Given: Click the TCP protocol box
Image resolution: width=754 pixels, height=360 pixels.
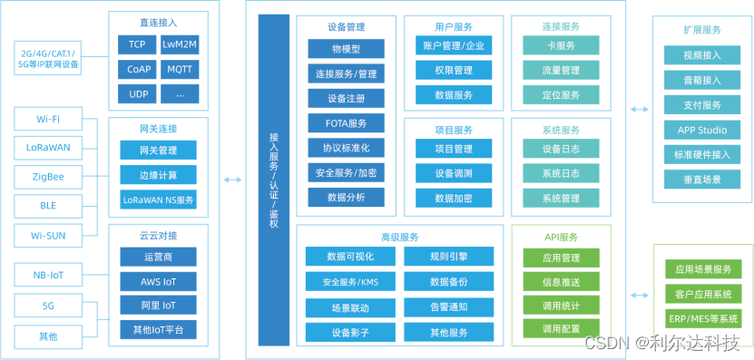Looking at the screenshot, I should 137,44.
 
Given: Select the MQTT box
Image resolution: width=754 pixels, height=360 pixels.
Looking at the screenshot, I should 180,69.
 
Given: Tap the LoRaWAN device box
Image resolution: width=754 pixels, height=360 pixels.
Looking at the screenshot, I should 47,147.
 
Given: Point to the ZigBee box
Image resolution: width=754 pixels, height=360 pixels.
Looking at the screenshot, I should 47,176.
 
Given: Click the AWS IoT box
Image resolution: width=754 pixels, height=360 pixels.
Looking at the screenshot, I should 158,282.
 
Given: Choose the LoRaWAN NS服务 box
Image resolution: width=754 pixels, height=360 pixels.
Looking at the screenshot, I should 158,199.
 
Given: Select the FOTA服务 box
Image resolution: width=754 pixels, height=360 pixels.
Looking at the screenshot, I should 346,122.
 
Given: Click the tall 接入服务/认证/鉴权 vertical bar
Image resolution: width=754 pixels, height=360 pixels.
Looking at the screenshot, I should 274,180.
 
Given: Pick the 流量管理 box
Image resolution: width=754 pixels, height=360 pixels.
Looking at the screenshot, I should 561,70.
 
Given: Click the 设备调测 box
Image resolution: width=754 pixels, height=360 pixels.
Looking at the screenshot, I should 453,173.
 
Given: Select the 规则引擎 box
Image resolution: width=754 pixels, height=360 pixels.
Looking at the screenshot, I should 448,258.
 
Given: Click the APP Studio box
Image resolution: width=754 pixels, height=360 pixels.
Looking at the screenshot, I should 702,130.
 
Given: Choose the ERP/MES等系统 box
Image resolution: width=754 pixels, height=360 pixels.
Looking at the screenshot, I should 703,318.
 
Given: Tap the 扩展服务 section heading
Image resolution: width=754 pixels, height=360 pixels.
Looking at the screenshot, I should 702,30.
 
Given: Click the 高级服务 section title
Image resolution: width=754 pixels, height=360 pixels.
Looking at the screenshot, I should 399,237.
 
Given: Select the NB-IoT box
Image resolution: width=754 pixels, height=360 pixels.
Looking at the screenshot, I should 47,275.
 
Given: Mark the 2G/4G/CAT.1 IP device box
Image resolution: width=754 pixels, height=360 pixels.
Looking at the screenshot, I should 47,60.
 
